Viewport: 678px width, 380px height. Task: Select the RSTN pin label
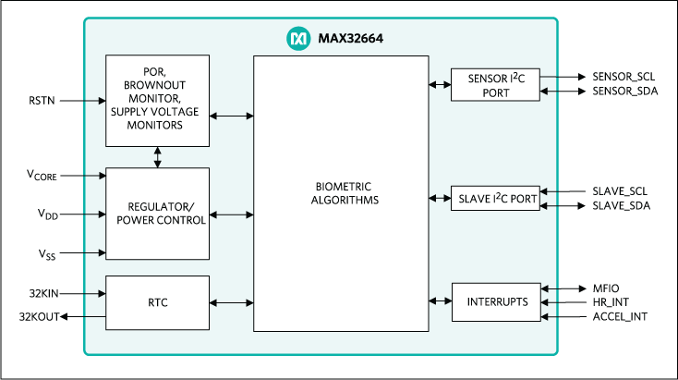pos(42,100)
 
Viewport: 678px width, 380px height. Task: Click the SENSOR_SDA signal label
pos(624,92)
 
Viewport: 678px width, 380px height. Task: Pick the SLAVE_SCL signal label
pos(621,190)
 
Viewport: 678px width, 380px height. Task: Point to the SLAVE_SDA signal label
pos(621,205)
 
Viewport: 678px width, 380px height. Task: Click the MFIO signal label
pos(607,288)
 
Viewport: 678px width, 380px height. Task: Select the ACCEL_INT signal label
pos(618,317)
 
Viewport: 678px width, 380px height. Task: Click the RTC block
pos(157,302)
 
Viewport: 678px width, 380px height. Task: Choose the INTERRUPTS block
pos(494,302)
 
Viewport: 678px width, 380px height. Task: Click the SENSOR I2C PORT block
pos(494,85)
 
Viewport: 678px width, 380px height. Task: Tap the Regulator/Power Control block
pos(157,214)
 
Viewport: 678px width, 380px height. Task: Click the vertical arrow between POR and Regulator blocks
pos(157,156)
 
